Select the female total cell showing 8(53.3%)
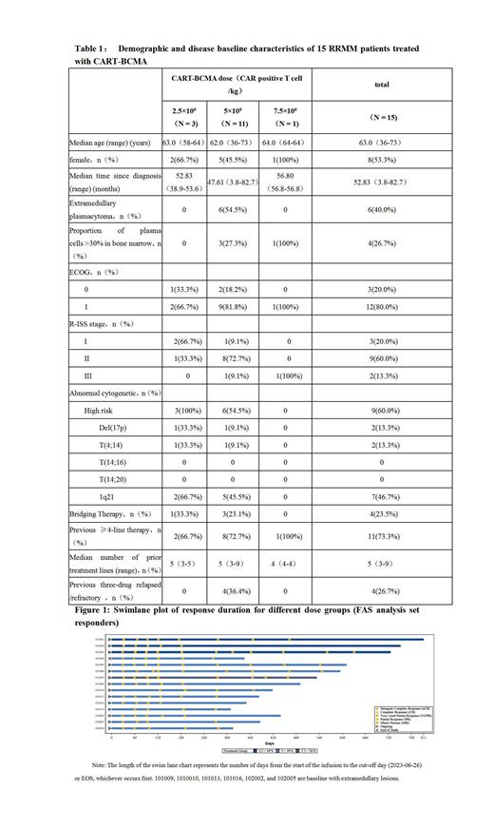tap(381, 160)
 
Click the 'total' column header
tap(381, 86)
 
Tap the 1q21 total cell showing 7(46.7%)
tap(381, 496)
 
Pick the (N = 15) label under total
tap(381, 118)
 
